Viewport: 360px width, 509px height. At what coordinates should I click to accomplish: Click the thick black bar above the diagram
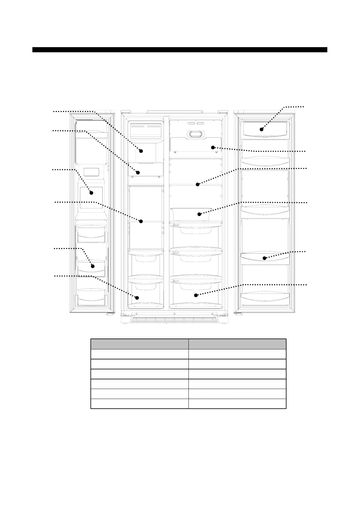(180, 50)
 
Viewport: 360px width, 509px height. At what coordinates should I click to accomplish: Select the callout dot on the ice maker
(141, 151)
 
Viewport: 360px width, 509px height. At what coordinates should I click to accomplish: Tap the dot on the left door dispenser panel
(91, 193)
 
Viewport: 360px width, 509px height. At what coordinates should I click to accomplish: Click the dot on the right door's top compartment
(261, 129)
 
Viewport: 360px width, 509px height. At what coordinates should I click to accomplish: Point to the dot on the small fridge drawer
(199, 214)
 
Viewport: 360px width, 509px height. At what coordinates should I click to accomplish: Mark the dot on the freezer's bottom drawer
(137, 298)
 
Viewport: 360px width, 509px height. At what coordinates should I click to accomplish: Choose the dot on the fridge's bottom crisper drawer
(196, 295)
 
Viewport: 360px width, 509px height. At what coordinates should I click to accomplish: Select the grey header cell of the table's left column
(139, 344)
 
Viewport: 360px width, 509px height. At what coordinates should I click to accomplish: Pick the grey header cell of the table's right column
(237, 344)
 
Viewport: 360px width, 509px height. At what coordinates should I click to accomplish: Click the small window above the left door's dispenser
(91, 172)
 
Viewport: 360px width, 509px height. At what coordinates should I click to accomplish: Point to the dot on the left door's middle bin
(93, 266)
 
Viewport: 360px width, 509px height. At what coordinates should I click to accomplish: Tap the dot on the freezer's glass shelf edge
(141, 221)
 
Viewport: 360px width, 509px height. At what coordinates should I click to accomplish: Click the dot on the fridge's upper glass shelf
(198, 184)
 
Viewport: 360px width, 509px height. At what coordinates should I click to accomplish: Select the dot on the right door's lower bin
(264, 258)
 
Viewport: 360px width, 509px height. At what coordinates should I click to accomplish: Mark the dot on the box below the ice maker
(138, 173)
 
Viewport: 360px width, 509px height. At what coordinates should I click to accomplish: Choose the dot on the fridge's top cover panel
(213, 148)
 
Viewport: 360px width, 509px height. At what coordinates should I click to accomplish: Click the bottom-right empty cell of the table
(237, 404)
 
